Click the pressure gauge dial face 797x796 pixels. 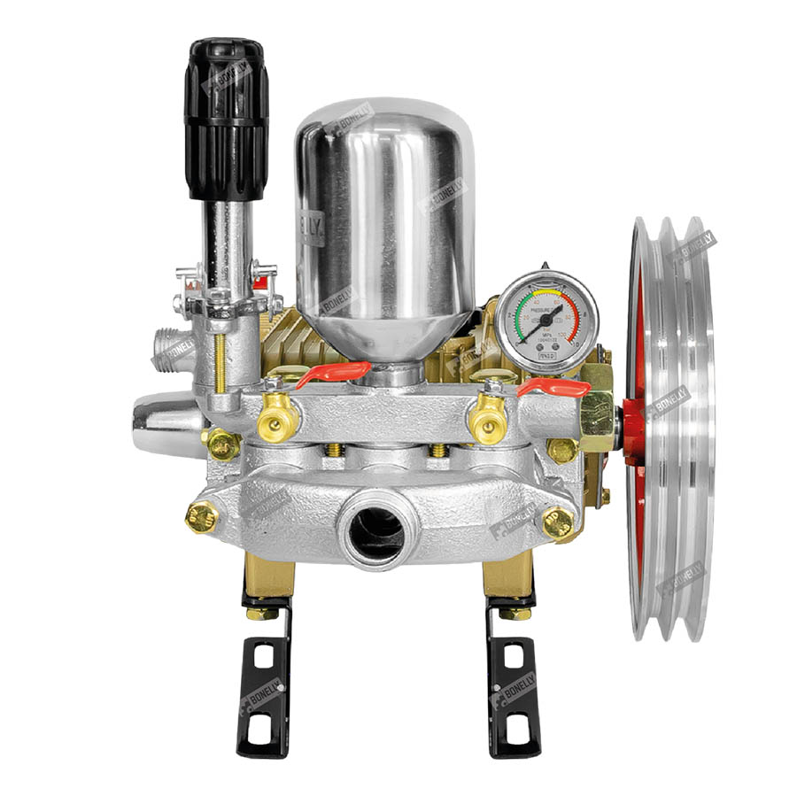(x=546, y=321)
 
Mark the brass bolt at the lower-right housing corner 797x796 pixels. (x=558, y=522)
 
